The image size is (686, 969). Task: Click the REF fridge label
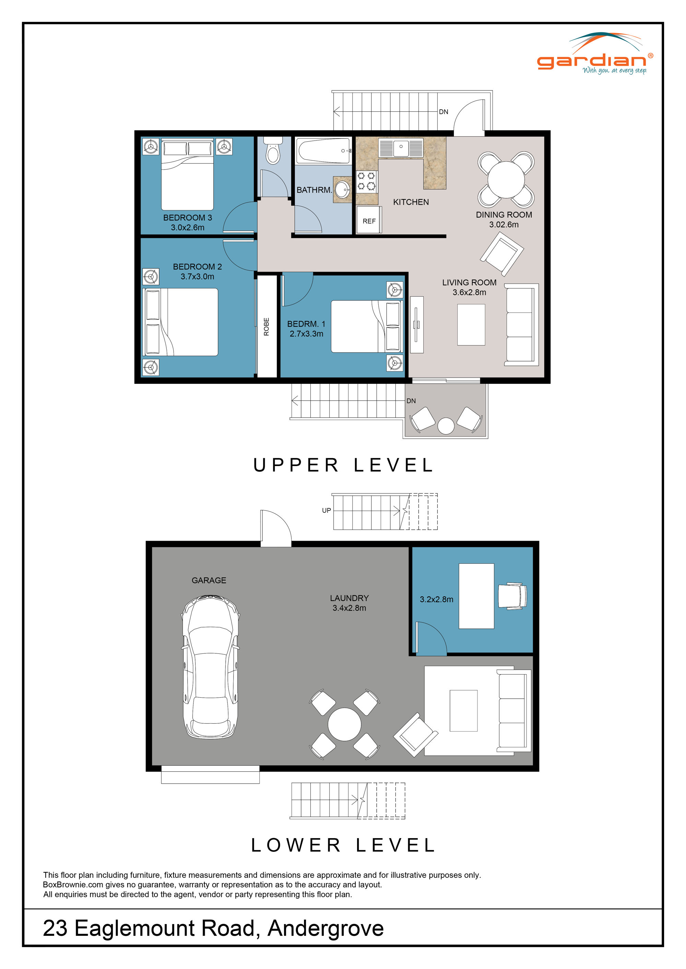(x=369, y=221)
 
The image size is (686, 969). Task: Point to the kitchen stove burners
(x=366, y=181)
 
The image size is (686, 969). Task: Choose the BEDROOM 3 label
(x=188, y=218)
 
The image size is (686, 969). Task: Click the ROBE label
(x=266, y=327)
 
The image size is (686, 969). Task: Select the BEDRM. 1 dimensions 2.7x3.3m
(x=306, y=334)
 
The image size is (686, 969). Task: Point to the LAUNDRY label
(x=349, y=598)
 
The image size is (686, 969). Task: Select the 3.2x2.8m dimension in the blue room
(x=436, y=599)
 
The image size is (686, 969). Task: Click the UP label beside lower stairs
(x=326, y=510)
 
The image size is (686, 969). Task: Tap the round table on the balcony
(x=446, y=426)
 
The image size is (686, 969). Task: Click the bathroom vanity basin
(x=343, y=189)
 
